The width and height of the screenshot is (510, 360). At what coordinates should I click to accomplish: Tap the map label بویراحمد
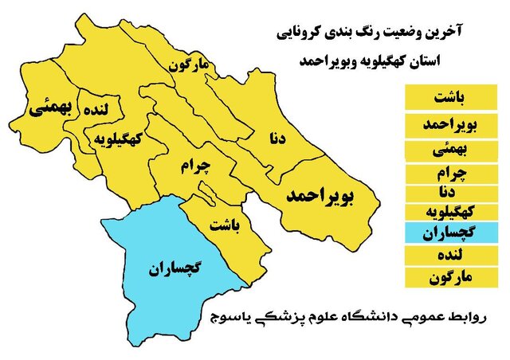coord(321,194)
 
